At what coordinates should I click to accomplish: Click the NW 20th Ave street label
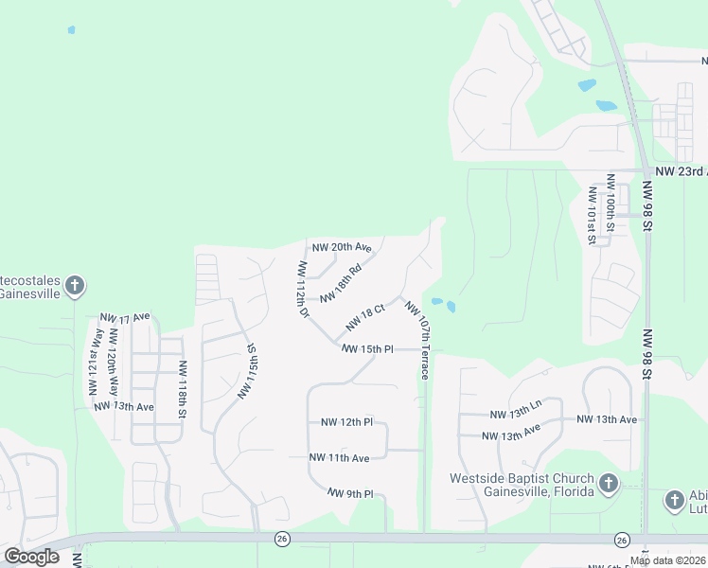[x=342, y=247]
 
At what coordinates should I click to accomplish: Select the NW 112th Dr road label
[x=303, y=290]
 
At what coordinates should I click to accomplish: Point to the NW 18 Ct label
[x=365, y=317]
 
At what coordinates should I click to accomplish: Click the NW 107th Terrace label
[x=418, y=339]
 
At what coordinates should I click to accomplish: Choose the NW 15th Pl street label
[x=367, y=349]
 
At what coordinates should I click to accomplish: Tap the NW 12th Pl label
[x=347, y=421]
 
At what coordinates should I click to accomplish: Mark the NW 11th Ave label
[x=339, y=457]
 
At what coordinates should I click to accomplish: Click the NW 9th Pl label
[x=351, y=493]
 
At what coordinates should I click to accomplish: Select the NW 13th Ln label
[x=516, y=414]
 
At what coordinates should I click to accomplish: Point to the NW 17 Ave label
[x=125, y=316]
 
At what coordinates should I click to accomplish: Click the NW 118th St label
[x=182, y=389]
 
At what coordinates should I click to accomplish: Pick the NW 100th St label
[x=611, y=202]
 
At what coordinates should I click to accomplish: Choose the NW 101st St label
[x=592, y=215]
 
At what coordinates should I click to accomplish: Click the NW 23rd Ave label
[x=681, y=171]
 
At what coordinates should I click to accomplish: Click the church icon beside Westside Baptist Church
[x=608, y=485]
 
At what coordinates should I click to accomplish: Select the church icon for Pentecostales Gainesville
[x=75, y=285]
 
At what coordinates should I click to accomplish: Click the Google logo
[x=32, y=557]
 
